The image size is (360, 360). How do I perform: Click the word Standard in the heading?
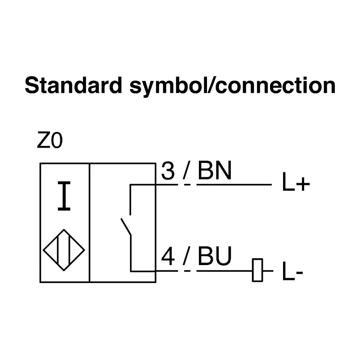73,85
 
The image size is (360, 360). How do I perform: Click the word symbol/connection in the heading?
232,87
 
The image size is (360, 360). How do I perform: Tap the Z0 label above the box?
49,141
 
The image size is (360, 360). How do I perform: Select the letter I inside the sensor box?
64,196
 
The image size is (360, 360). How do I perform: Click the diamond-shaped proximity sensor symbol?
64,250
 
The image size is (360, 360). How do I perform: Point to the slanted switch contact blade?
126,227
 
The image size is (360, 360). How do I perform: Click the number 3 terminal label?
168,171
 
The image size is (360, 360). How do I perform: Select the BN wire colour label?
214,171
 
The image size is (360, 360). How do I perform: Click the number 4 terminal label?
168,256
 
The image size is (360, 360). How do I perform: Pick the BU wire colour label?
215,256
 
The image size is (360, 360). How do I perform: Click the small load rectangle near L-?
257,270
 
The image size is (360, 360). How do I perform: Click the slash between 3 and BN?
186,171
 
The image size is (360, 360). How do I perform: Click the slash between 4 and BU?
187,256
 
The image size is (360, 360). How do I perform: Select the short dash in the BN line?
187,184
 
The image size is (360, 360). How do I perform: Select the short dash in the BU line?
187,271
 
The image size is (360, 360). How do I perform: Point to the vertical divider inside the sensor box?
90,223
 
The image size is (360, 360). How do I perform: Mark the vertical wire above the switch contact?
130,200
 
